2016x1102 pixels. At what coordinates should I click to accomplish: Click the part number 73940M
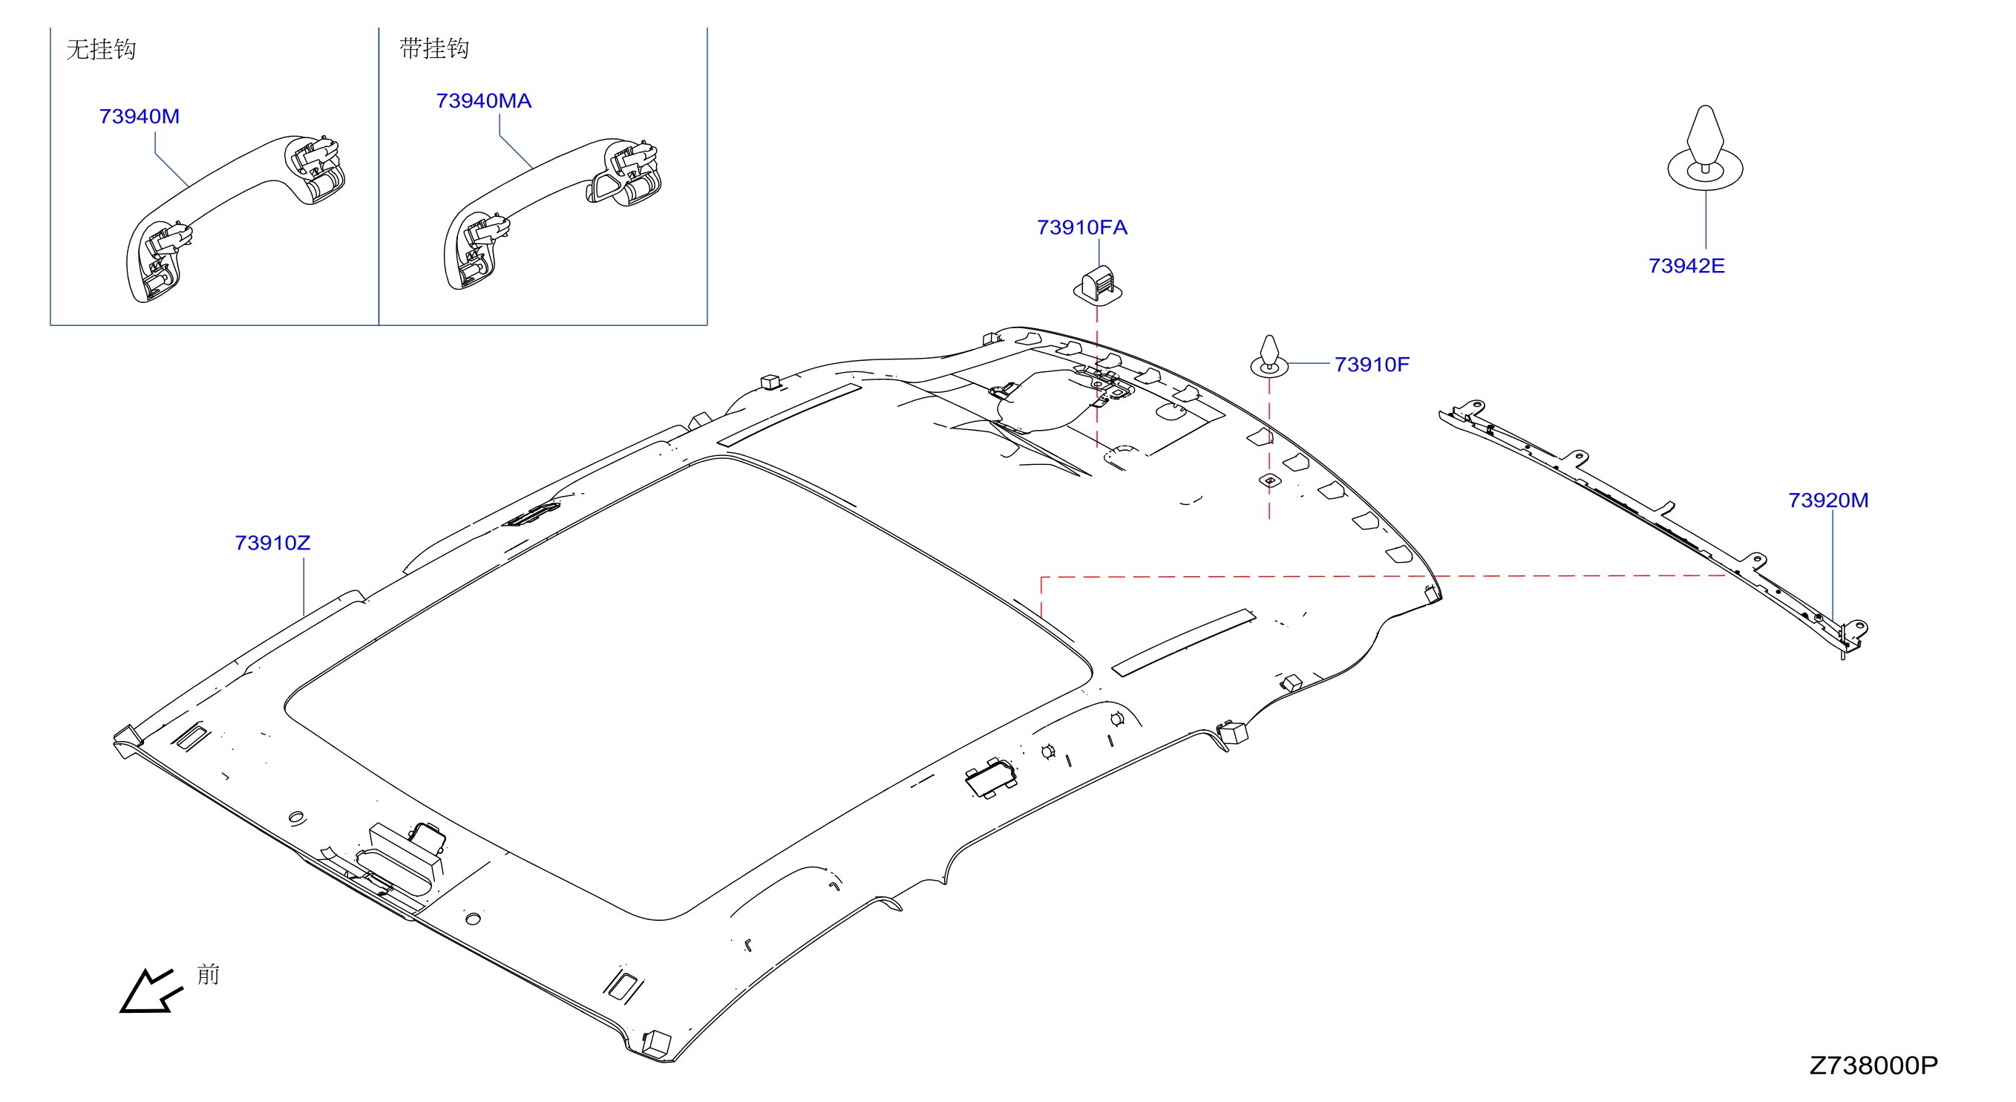pyautogui.click(x=140, y=116)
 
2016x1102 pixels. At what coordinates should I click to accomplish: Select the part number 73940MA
pyautogui.click(x=484, y=101)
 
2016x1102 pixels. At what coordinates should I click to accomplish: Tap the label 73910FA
pyautogui.click(x=1081, y=227)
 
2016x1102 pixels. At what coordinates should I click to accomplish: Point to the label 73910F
pyautogui.click(x=1371, y=364)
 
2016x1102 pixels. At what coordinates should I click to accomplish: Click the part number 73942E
pyautogui.click(x=1686, y=265)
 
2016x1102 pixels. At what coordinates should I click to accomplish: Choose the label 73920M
pyautogui.click(x=1828, y=500)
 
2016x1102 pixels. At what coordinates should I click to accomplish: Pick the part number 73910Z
pyautogui.click(x=272, y=542)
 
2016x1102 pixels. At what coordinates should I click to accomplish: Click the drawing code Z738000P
pyautogui.click(x=1873, y=1065)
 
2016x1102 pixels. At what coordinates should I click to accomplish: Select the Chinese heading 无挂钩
pyautogui.click(x=101, y=49)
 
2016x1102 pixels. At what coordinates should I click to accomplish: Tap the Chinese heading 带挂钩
pyautogui.click(x=434, y=48)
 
